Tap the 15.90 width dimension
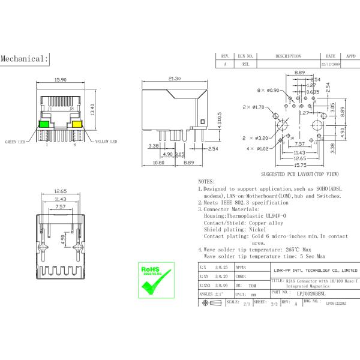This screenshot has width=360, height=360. coord(61,79)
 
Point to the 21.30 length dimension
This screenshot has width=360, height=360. coord(175,79)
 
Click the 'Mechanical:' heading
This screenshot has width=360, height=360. coord(24,59)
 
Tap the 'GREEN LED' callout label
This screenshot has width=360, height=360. coord(18,142)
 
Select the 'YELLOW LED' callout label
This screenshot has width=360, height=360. coord(105,142)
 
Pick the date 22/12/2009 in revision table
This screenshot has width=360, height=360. coord(331,63)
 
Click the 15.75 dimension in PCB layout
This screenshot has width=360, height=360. coord(301,166)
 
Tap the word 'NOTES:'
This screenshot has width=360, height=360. coord(206,181)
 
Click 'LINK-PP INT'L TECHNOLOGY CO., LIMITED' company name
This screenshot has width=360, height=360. coord(314,271)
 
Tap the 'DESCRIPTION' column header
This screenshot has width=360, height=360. coord(288,55)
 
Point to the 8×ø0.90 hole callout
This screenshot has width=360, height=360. coord(268,90)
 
